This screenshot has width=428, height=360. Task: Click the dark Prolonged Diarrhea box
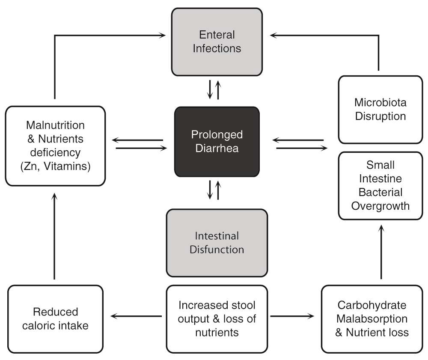(x=217, y=142)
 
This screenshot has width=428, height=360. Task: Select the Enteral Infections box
(x=217, y=42)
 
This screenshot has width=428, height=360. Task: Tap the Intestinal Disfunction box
(x=217, y=243)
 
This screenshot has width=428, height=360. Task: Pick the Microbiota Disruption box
(x=380, y=110)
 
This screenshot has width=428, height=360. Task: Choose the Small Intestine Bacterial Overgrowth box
(x=380, y=186)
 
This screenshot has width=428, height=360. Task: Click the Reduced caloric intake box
(x=55, y=319)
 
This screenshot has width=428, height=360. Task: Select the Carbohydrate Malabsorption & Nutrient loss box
(x=372, y=319)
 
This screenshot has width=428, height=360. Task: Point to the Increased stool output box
(x=217, y=319)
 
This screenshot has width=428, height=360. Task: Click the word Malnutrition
(x=55, y=125)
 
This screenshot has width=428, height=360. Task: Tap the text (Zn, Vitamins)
(x=55, y=166)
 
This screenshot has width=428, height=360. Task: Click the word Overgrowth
(x=380, y=206)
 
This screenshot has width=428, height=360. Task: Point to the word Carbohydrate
(x=372, y=305)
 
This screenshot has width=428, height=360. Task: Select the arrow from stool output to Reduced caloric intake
(x=136, y=316)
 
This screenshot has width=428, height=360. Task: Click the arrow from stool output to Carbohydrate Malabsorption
(x=292, y=316)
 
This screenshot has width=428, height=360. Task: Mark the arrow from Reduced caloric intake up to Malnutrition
(x=55, y=236)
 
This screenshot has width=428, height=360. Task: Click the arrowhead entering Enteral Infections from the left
(x=163, y=35)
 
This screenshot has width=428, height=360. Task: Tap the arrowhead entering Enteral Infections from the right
(x=273, y=35)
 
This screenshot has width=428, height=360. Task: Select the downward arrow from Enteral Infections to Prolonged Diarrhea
(x=210, y=89)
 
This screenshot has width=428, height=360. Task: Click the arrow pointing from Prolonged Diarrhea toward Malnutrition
(x=137, y=140)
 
